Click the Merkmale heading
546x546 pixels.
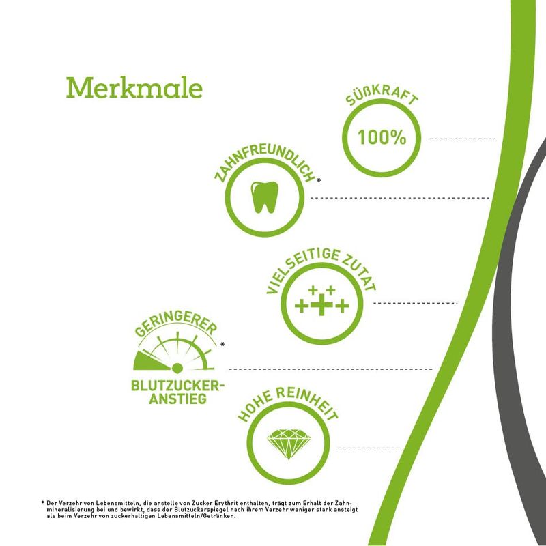point(134,88)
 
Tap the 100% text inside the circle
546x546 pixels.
point(382,137)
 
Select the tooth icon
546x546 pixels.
point(265,197)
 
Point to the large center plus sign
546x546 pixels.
point(321,305)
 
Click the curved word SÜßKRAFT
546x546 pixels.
point(382,95)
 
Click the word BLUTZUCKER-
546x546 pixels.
point(177,386)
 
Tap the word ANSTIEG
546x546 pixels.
point(178,399)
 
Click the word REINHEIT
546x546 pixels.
point(308,401)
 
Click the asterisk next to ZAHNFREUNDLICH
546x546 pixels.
point(319,180)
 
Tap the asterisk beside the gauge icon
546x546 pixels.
point(222,345)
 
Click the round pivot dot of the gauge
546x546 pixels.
point(177,368)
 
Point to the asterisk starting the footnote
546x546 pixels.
point(42,502)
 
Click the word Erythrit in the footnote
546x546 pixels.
point(226,503)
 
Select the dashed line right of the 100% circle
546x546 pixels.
point(463,139)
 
